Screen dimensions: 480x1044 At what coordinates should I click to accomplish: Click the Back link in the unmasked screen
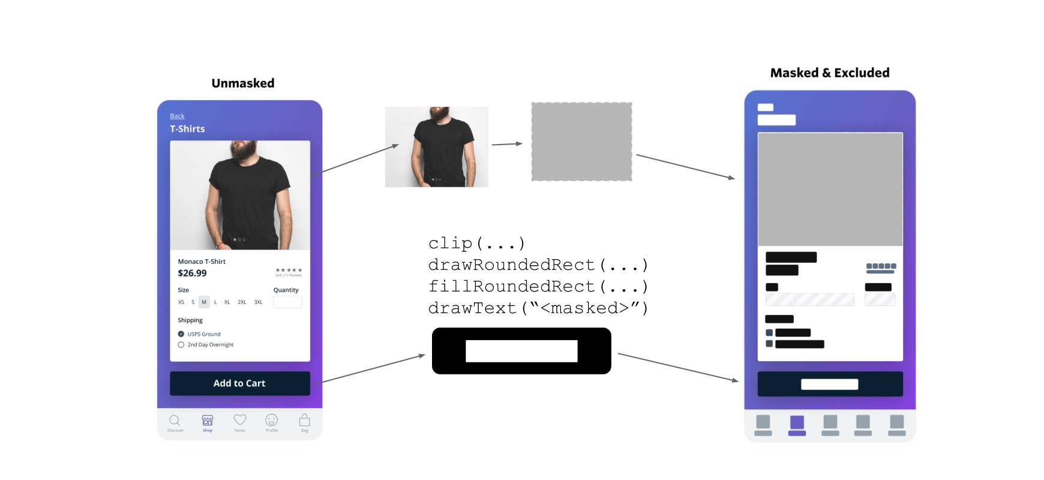(x=177, y=116)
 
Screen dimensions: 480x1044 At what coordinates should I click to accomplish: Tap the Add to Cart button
(x=239, y=383)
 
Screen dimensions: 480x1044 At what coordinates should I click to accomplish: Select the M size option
(x=204, y=302)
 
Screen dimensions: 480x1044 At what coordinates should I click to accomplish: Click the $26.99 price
(x=192, y=273)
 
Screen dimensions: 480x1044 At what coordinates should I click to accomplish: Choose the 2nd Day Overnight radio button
(x=181, y=345)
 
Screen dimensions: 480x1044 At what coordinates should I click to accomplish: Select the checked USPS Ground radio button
(x=181, y=334)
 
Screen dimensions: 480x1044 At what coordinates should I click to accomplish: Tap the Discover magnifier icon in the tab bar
(x=175, y=421)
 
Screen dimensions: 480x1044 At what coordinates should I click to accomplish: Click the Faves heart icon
(x=240, y=420)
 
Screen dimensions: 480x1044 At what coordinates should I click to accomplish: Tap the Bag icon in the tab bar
(x=305, y=420)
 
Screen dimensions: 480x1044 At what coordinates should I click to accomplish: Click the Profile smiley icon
(x=272, y=420)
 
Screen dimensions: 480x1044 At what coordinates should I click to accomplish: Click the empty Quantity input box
(x=287, y=302)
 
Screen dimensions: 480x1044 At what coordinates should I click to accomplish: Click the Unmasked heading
(x=243, y=83)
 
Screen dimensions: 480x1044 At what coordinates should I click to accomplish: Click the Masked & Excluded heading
(x=830, y=73)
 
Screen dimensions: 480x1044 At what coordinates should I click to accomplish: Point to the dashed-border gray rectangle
(x=581, y=142)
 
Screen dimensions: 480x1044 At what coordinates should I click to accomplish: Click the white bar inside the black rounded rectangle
(x=521, y=351)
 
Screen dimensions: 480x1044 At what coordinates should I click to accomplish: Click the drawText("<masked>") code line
(x=538, y=308)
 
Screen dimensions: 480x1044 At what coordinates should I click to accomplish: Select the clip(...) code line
(x=477, y=244)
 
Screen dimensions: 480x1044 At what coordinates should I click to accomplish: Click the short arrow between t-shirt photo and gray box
(x=507, y=144)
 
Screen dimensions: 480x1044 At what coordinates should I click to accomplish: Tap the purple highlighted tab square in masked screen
(x=797, y=422)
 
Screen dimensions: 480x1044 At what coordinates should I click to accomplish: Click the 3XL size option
(x=259, y=302)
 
